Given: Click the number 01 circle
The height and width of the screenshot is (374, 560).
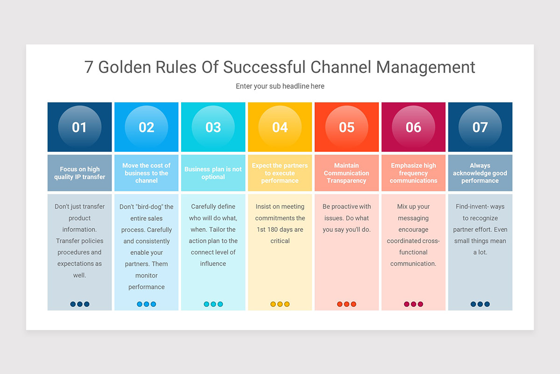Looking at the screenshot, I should (x=79, y=127).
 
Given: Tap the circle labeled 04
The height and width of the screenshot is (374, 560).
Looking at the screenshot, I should (x=280, y=127).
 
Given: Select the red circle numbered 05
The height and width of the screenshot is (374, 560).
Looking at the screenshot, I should (x=347, y=127).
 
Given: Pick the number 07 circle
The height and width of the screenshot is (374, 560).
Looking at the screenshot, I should (x=480, y=127).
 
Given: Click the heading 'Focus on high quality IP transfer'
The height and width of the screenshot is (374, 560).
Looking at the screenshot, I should (x=80, y=173).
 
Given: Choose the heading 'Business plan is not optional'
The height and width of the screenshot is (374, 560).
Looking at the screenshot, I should (x=213, y=173).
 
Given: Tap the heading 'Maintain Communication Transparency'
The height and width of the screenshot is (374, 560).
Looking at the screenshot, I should (x=347, y=173).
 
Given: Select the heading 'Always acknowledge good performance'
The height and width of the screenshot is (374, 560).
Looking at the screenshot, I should (x=480, y=173).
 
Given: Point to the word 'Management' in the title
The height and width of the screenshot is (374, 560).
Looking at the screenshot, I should (x=426, y=67).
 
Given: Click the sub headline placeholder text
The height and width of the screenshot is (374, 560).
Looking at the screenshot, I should (x=280, y=86).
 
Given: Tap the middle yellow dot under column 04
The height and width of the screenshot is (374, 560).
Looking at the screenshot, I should (x=280, y=304).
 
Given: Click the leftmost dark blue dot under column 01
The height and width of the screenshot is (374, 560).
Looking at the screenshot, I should (x=73, y=304).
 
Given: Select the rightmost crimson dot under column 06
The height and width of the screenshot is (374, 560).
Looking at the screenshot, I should (x=420, y=304).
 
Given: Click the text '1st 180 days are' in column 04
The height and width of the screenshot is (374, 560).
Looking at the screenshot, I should (x=280, y=230).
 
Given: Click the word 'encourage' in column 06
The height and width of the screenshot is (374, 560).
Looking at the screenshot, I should (x=413, y=230).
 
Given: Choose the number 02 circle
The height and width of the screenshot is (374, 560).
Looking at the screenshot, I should (x=147, y=127).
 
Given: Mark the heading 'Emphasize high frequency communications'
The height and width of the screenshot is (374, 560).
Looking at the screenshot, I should (x=413, y=173).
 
